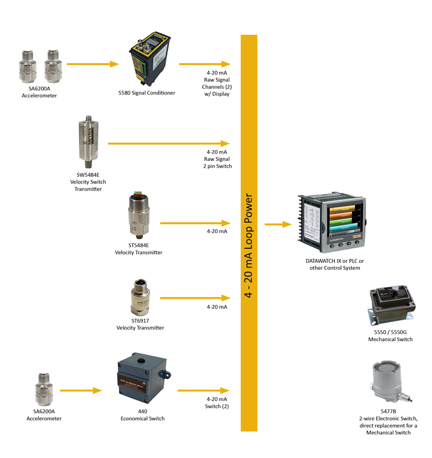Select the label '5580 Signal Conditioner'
click(x=147, y=93)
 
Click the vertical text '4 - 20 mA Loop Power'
click(x=249, y=245)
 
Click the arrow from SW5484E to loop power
click(x=169, y=144)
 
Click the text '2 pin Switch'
click(x=218, y=166)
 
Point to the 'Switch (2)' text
click(x=218, y=406)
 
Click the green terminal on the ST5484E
click(x=136, y=194)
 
